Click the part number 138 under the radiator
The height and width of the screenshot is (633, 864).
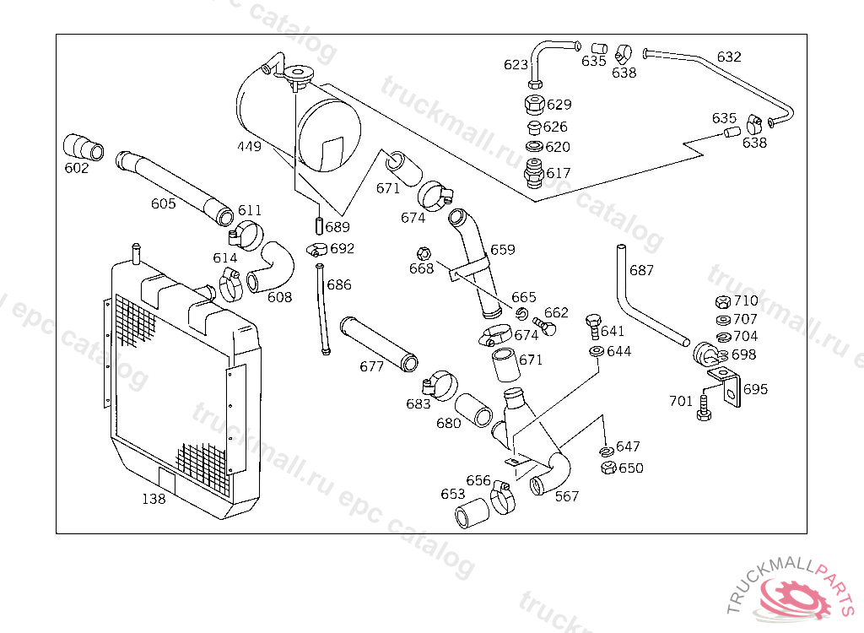154,499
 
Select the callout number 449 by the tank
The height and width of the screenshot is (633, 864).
249,146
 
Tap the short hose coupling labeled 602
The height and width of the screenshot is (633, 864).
84,147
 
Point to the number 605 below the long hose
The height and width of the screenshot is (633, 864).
163,203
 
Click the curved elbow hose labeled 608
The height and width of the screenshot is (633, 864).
271,267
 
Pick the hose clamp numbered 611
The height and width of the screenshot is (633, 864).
246,235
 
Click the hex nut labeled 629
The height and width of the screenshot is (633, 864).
534,104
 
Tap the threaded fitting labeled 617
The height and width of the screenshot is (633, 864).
534,173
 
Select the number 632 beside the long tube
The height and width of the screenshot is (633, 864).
729,57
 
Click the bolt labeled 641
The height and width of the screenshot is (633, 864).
593,327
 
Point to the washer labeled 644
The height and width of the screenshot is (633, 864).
597,351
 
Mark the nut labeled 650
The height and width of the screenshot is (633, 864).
608,468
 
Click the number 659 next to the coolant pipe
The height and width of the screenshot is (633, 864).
503,250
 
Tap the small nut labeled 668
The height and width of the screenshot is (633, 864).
424,254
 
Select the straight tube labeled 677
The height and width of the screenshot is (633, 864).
379,344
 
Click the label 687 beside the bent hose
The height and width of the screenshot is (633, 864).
641,270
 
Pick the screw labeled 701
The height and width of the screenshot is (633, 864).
704,408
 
